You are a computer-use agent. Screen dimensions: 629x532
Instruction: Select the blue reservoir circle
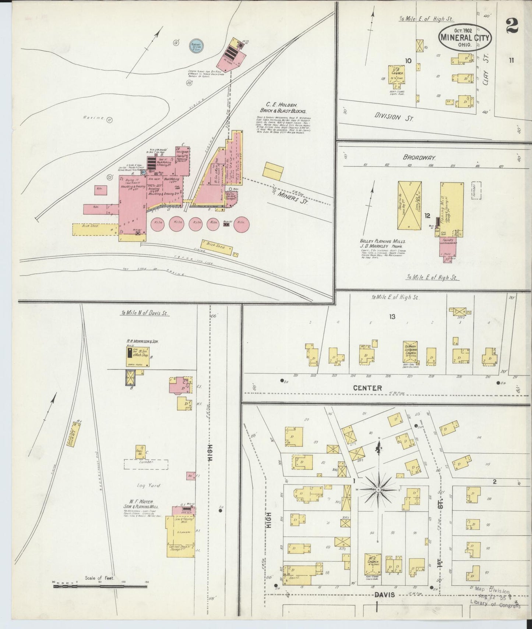click(x=195, y=46)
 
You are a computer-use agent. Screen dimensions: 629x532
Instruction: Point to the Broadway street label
click(x=419, y=157)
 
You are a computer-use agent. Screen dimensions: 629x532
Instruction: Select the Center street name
click(x=367, y=388)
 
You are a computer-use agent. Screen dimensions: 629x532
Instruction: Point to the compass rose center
click(x=378, y=490)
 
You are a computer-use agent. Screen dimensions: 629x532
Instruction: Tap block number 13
click(x=392, y=316)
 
